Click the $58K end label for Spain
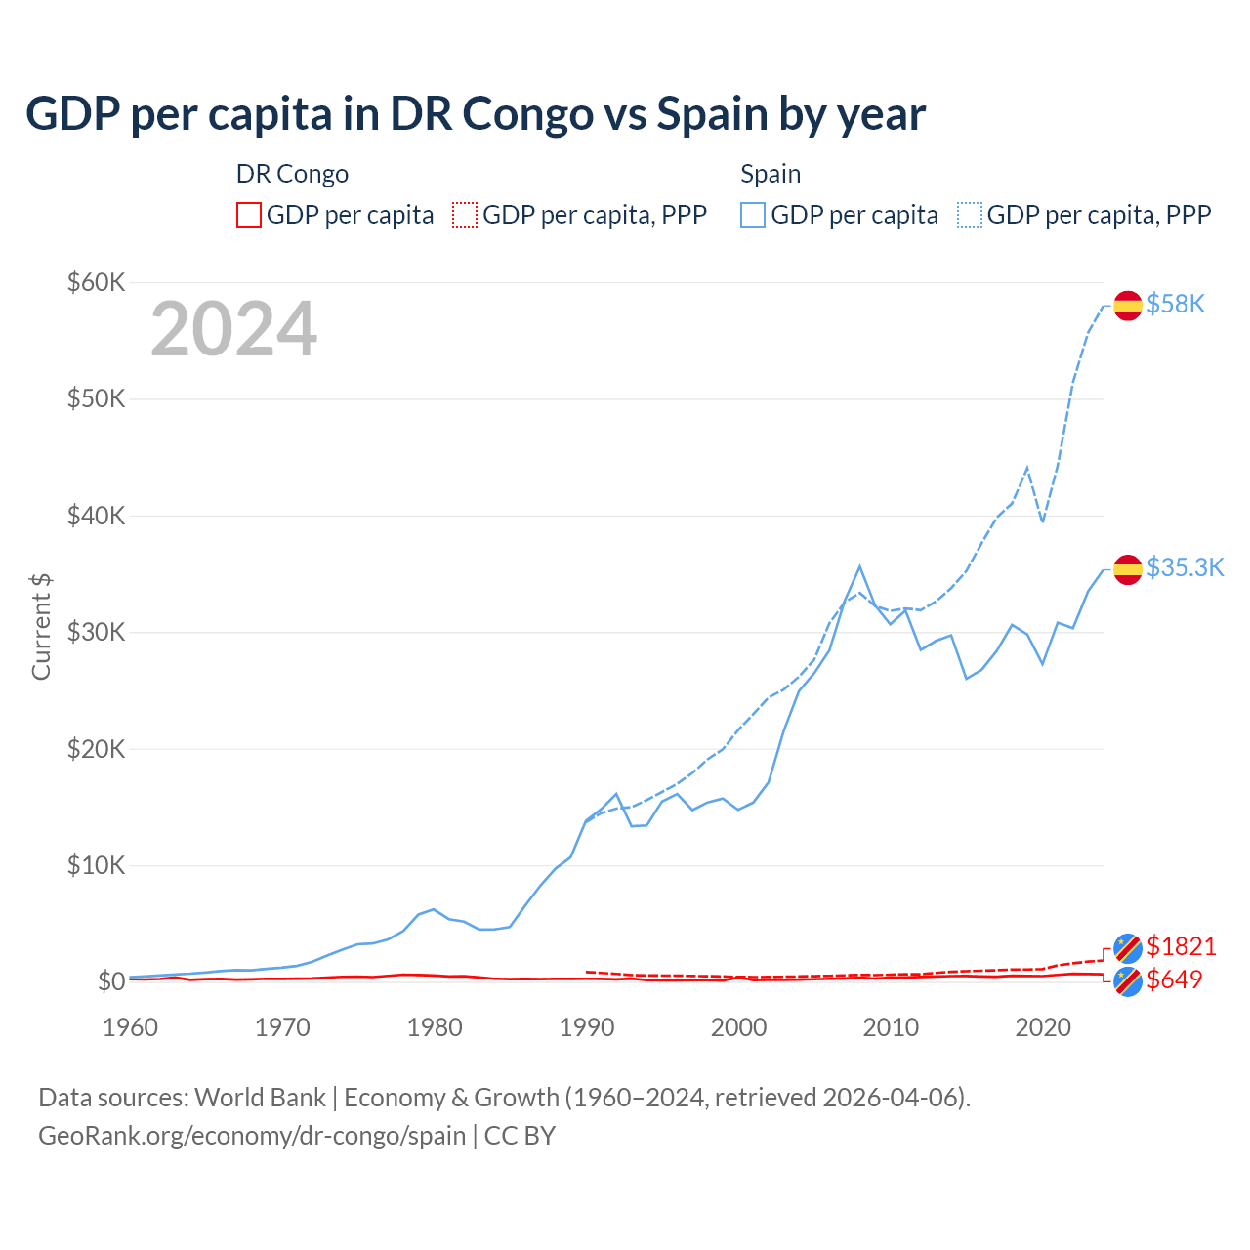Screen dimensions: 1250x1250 (1176, 305)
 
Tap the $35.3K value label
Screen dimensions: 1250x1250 (1185, 568)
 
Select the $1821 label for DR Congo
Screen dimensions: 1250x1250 (1181, 946)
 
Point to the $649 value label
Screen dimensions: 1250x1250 (1174, 979)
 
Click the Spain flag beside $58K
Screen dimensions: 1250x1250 (1128, 305)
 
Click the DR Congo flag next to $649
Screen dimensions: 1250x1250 (1128, 981)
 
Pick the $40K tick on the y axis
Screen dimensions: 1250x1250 (96, 516)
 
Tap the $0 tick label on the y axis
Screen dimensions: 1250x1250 (110, 981)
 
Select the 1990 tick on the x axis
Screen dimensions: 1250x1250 (587, 1027)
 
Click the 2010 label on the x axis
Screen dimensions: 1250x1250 (891, 1027)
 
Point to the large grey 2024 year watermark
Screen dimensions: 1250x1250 (233, 329)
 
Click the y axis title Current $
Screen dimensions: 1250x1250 (41, 626)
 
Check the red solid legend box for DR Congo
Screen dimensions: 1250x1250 (249, 215)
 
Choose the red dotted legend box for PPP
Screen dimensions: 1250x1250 (465, 215)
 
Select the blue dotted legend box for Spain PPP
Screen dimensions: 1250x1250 (970, 215)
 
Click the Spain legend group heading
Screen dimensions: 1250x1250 (771, 174)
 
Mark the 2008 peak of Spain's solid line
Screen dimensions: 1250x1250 (859, 566)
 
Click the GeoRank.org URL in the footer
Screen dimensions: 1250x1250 (252, 1136)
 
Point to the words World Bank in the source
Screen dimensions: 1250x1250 (260, 1098)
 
